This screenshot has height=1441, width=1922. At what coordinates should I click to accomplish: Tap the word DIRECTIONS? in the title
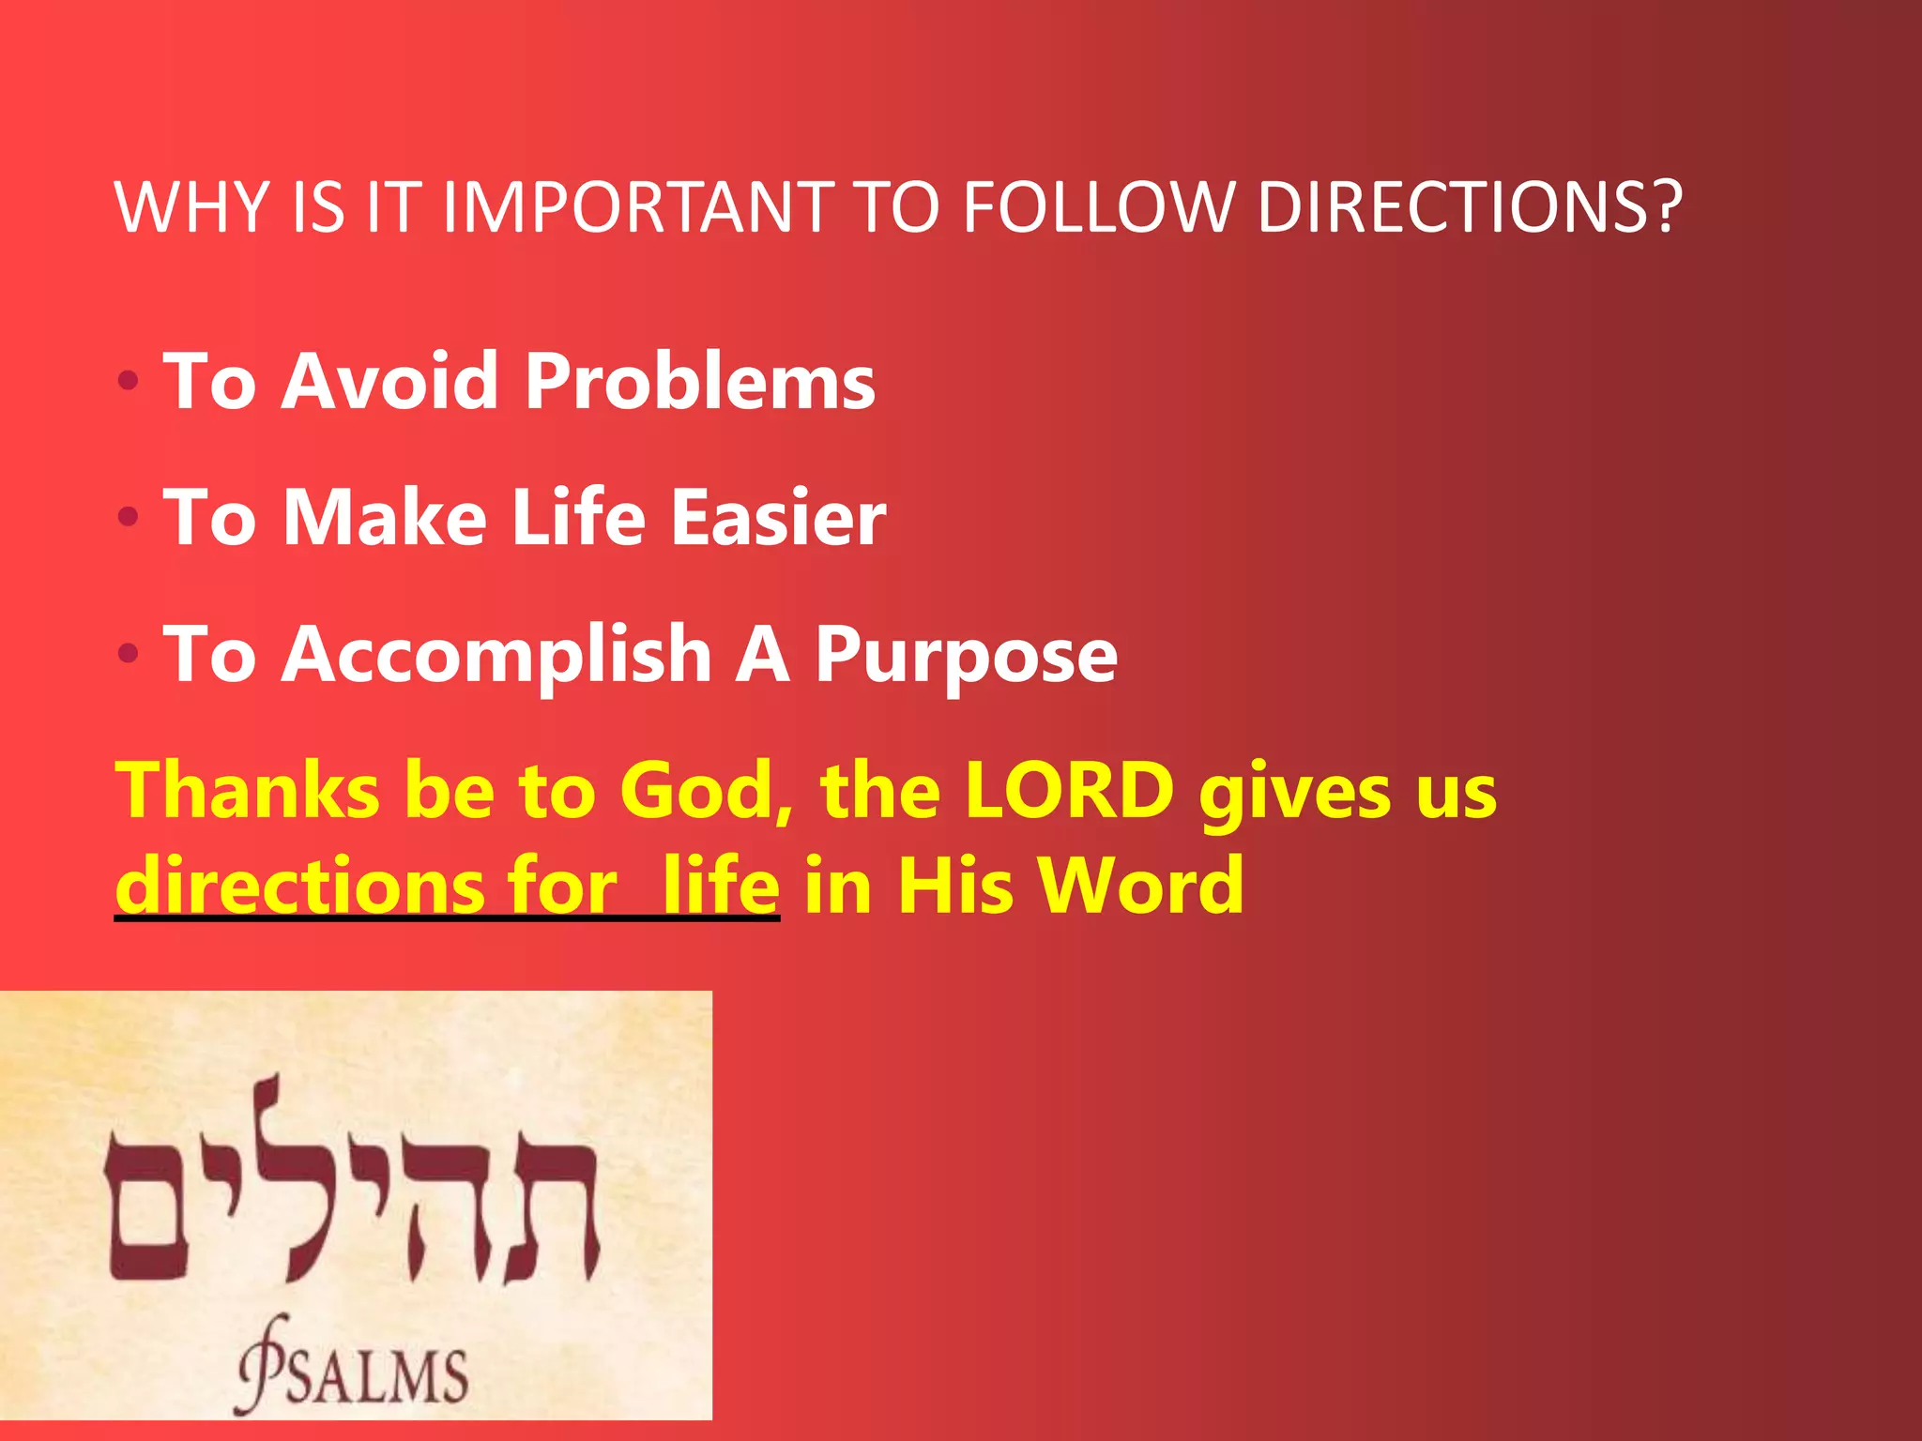click(x=1469, y=207)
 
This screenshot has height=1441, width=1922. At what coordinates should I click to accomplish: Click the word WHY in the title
click(x=192, y=207)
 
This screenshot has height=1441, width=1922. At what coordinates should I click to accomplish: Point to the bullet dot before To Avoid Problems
click(x=129, y=382)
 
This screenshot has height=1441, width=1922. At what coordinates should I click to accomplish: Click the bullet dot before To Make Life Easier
click(x=129, y=517)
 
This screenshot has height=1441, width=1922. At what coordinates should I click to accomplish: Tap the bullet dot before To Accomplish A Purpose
click(x=129, y=654)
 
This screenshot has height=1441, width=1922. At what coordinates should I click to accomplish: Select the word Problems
click(x=700, y=382)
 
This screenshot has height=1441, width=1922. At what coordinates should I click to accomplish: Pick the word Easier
click(x=778, y=517)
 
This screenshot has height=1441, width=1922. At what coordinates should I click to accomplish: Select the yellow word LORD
click(x=1069, y=791)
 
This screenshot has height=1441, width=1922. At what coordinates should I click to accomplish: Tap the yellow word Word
click(x=1140, y=885)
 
